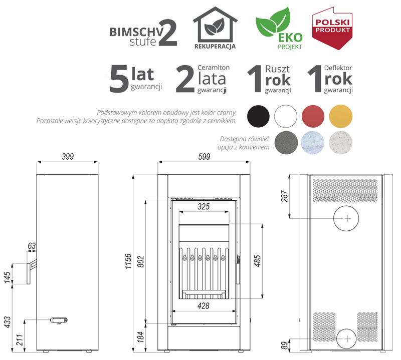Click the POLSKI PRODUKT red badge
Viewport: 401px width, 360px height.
pyautogui.click(x=332, y=28)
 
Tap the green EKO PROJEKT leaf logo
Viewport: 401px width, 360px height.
pyautogui.click(x=279, y=28)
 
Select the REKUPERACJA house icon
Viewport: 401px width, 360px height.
pyautogui.click(x=215, y=28)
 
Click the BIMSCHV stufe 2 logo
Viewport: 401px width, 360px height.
pyautogui.click(x=143, y=33)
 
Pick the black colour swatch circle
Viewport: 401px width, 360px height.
pyautogui.click(x=258, y=116)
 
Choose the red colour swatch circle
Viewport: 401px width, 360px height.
pyautogui.click(x=313, y=116)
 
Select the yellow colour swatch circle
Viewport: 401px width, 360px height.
pyautogui.click(x=341, y=116)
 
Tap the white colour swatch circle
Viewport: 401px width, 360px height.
pyautogui.click(x=286, y=116)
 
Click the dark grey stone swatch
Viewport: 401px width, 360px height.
pyautogui.click(x=286, y=143)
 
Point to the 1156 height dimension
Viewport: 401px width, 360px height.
pyautogui.click(x=128, y=261)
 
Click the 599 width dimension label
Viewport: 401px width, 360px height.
pyautogui.click(x=204, y=156)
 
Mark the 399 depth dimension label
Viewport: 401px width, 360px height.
pyautogui.click(x=68, y=156)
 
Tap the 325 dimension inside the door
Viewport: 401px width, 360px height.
pyautogui.click(x=204, y=206)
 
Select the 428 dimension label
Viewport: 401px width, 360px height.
pyautogui.click(x=204, y=305)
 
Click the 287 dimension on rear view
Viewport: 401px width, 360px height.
pyautogui.click(x=285, y=196)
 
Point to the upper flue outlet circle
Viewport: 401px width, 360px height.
pyautogui.click(x=346, y=218)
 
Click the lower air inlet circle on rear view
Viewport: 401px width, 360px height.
pyautogui.click(x=346, y=339)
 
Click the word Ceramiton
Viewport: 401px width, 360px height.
pyautogui.click(x=214, y=68)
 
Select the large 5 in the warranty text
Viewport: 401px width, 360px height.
pyautogui.click(x=119, y=78)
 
